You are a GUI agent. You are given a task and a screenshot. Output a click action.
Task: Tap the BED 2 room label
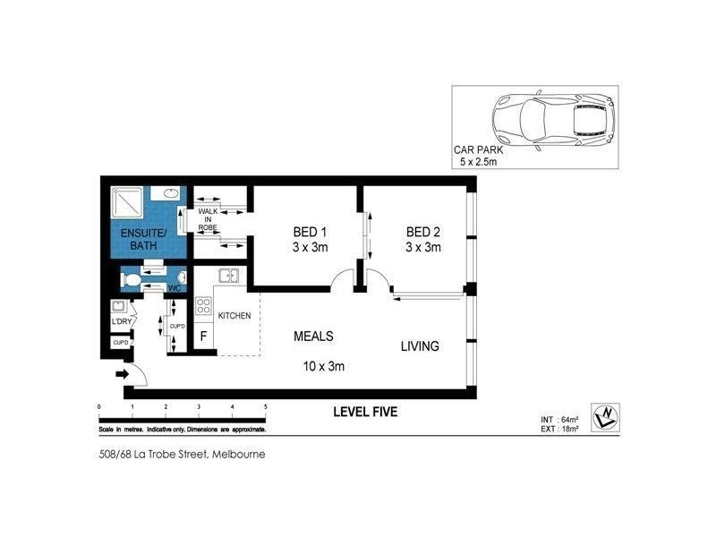pyautogui.click(x=422, y=239)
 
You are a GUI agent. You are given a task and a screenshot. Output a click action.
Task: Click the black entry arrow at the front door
pyautogui.click(x=123, y=374)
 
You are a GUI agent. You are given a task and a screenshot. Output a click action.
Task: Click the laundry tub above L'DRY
pyautogui.click(x=117, y=307)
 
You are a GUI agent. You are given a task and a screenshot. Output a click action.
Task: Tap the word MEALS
pyautogui.click(x=313, y=337)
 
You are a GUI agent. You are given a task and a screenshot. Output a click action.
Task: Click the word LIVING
pyautogui.click(x=419, y=345)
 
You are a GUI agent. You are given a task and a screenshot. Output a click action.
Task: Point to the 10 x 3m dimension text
pyautogui.click(x=325, y=365)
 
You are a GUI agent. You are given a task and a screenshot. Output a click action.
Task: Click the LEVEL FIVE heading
pyautogui.click(x=364, y=413)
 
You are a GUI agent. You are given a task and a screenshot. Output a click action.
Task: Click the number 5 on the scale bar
pyautogui.click(x=266, y=407)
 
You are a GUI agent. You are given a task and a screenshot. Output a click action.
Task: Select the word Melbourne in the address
pyautogui.click(x=237, y=454)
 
